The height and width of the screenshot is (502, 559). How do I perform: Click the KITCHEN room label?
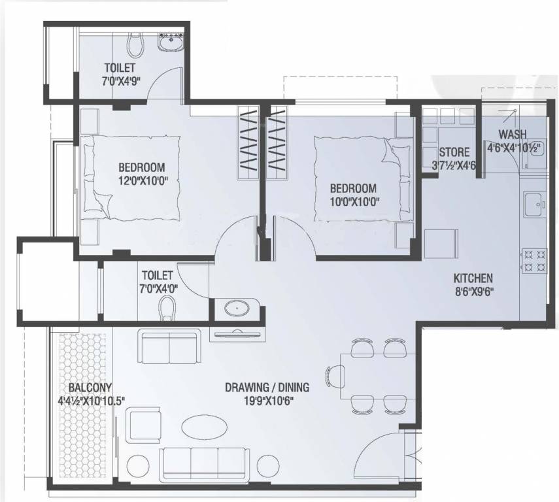[x=473, y=277]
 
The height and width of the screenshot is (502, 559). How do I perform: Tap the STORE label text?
[x=454, y=153]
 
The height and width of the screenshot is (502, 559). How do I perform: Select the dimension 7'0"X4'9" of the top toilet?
[x=119, y=81]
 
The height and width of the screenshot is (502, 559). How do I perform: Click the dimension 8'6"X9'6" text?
[x=473, y=292]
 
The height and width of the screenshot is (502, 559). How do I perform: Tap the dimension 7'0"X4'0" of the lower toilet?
[x=157, y=289]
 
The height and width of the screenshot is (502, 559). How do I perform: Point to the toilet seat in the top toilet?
[x=135, y=44]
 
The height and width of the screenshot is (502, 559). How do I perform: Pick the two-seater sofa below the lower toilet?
[x=169, y=346]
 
